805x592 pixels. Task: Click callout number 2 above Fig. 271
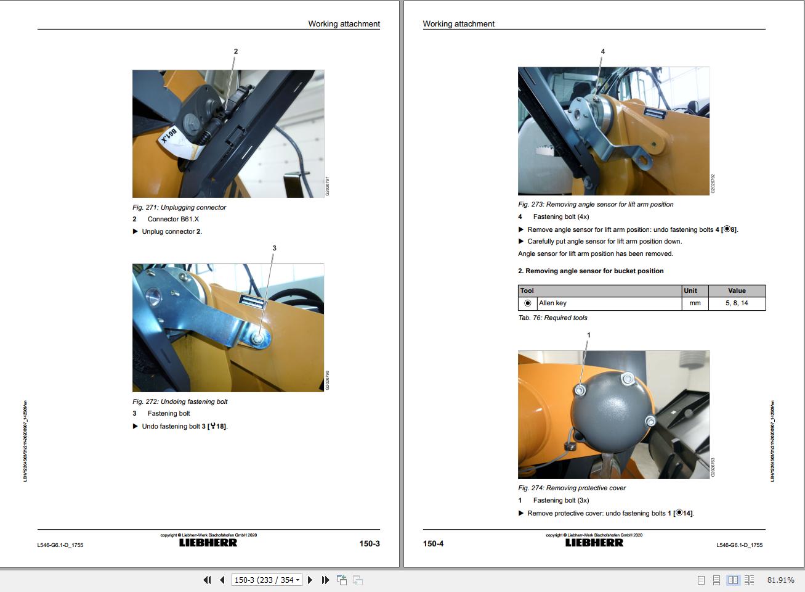coord(235,52)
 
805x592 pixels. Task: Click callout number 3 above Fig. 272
coord(274,249)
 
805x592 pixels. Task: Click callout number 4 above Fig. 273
coord(602,52)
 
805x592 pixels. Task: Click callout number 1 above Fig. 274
coord(588,335)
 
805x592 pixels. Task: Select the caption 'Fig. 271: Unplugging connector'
coord(179,208)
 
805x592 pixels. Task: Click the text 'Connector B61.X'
coord(173,220)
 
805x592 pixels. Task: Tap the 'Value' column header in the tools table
coord(737,291)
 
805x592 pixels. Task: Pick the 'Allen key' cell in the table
coord(552,303)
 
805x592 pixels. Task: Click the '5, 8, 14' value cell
coord(737,303)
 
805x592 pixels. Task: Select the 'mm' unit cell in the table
coord(695,303)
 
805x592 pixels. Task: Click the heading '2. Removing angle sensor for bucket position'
coord(591,271)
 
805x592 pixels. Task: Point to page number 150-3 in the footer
coord(370,544)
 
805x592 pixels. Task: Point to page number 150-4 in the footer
coord(433,544)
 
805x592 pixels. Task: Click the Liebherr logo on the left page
coord(208,543)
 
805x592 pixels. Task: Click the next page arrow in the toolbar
coord(310,580)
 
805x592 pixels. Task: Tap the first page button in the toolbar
coord(208,580)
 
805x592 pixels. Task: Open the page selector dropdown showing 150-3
coord(267,580)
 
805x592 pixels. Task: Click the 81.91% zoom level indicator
coord(780,580)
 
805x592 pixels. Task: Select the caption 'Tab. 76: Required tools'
coord(552,318)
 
